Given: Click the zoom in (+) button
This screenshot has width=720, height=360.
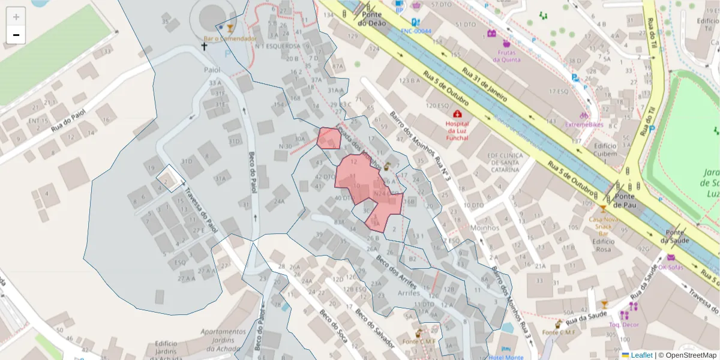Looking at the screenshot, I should (x=16, y=17).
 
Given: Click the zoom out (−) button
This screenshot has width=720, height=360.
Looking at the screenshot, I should (x=16, y=35).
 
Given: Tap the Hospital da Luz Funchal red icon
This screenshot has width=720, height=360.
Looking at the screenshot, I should (x=457, y=114).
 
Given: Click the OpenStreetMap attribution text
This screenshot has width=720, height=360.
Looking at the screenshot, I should (x=687, y=355).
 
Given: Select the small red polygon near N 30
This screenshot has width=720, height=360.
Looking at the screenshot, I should (x=329, y=138).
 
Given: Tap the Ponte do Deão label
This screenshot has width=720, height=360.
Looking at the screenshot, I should (x=371, y=19).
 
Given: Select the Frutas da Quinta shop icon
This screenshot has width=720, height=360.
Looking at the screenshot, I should (x=506, y=44).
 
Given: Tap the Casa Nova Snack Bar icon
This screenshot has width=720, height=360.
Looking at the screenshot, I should (x=603, y=209).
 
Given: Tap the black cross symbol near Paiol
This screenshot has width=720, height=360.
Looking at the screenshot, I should (x=204, y=46).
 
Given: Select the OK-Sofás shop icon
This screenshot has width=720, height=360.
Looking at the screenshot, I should (x=670, y=257).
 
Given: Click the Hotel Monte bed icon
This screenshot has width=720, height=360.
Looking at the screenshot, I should (x=508, y=349).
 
